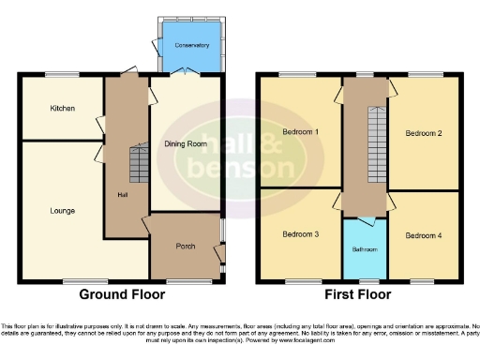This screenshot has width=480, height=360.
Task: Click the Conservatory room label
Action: pyautogui.click(x=191, y=45)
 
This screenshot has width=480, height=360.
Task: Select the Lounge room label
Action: pyautogui.click(x=63, y=210)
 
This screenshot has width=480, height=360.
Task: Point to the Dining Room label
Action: pyautogui.click(x=186, y=144)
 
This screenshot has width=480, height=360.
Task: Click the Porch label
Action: pyautogui.click(x=185, y=247)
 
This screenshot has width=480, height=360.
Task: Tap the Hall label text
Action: pyautogui.click(x=122, y=195)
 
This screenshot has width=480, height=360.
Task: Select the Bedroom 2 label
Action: pyautogui.click(x=423, y=133)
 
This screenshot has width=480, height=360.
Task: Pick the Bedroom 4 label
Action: pyautogui.click(x=423, y=234)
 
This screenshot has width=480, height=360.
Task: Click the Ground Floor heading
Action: pyautogui.click(x=123, y=294)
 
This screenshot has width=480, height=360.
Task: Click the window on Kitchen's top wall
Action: pyautogui.click(x=63, y=75)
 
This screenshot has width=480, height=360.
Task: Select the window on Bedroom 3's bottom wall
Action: pyautogui.click(x=300, y=280)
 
